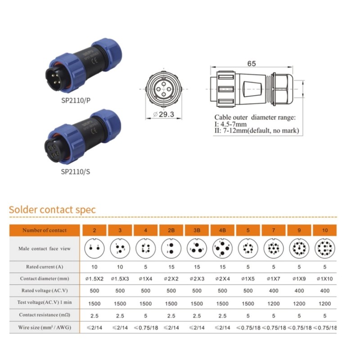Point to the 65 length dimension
point(252,64)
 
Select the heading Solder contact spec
point(53,210)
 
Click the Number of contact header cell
point(45,230)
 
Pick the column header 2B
point(171,230)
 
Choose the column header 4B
point(223,230)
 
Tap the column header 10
point(324,230)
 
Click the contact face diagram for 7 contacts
point(274,248)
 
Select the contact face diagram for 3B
point(197,248)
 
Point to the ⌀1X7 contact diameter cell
point(274,279)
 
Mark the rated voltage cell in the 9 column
point(299,291)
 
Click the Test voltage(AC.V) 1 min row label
point(45,303)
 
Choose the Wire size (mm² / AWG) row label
point(45,327)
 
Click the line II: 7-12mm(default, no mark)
point(257,131)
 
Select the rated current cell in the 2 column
point(94,267)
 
